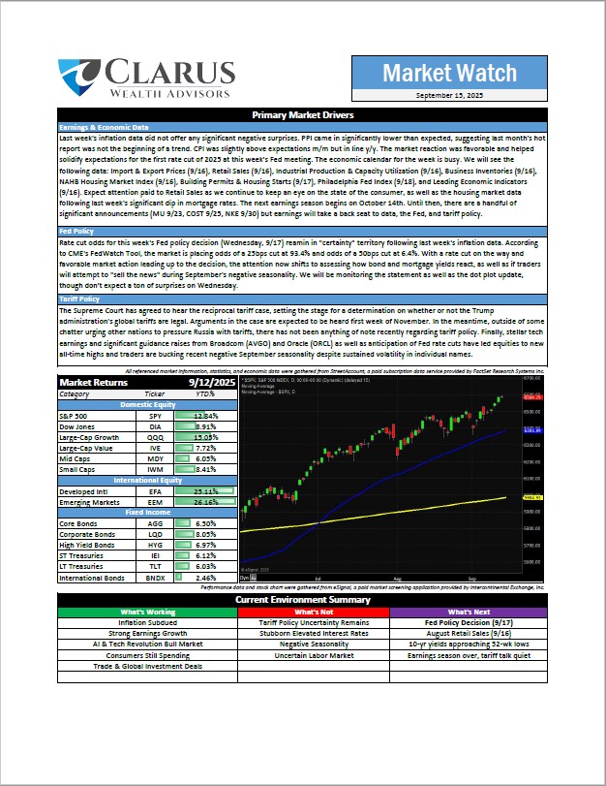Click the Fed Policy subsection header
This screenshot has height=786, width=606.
coord(78,233)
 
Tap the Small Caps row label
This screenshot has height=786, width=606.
coord(82,469)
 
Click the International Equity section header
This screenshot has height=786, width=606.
coord(147,480)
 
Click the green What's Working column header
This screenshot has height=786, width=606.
coord(147,612)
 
